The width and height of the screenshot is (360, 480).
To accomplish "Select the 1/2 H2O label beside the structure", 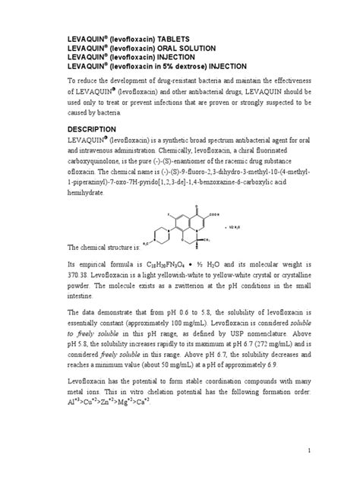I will [x=233, y=226].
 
